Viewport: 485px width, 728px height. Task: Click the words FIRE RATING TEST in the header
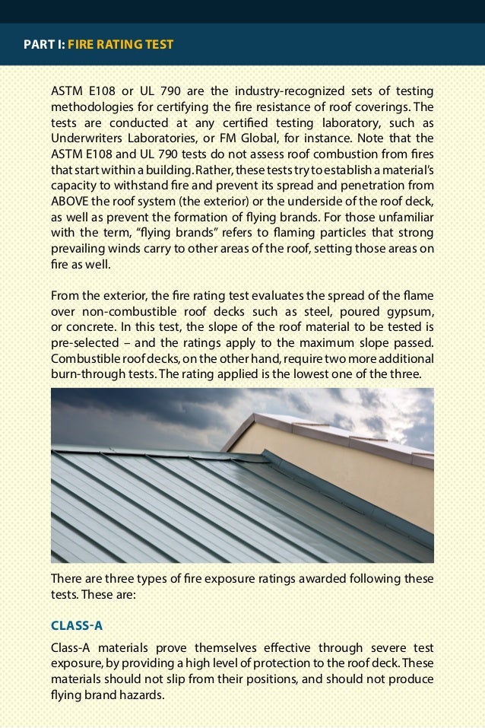(121, 45)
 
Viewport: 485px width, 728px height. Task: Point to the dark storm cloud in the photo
(114, 411)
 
